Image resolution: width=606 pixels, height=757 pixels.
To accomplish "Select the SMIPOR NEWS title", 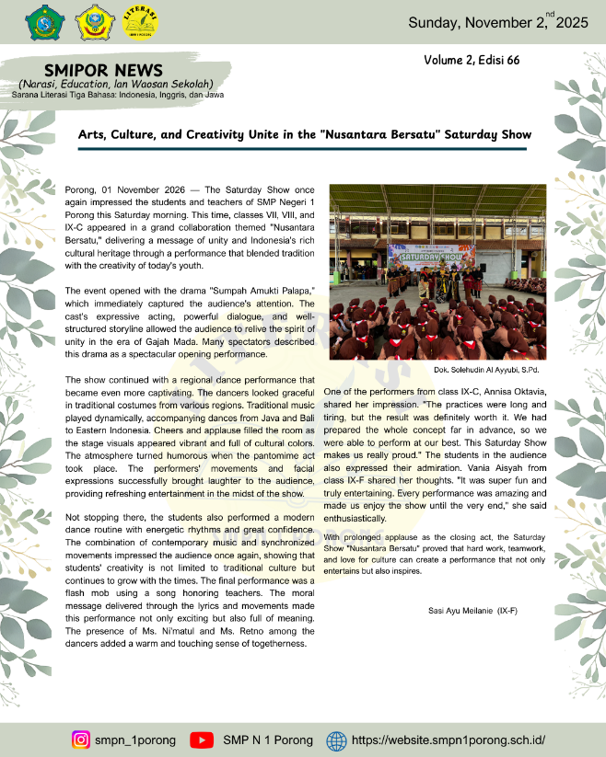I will (x=103, y=70).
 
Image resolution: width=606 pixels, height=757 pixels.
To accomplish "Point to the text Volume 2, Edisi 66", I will (x=472, y=60).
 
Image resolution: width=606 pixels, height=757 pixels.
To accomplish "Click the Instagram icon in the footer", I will (x=81, y=740).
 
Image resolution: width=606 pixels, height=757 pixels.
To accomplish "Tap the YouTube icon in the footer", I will (x=201, y=740).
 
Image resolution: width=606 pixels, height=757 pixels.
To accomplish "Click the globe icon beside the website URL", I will (x=336, y=740).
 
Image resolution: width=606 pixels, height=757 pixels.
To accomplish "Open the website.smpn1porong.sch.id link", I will (x=449, y=740).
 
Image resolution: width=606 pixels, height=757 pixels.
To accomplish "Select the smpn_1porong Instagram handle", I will (x=134, y=740).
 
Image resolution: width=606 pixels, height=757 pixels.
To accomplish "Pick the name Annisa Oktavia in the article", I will (x=515, y=392).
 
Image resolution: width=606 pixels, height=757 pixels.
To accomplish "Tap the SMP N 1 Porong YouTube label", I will (x=267, y=740).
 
